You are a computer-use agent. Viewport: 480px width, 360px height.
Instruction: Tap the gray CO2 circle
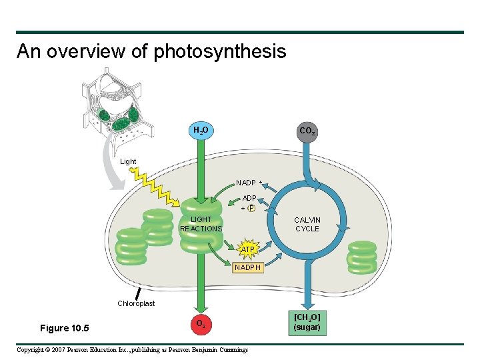point(307,132)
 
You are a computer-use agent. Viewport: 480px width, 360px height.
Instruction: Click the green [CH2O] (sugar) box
point(307,323)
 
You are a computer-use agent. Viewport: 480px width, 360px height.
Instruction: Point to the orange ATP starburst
point(248,249)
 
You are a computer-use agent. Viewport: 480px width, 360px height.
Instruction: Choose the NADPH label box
point(248,267)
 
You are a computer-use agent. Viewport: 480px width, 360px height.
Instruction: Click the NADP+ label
point(249,183)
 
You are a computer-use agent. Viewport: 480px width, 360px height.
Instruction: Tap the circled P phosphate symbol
point(251,208)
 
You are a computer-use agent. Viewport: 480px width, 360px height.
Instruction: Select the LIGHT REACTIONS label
point(201,224)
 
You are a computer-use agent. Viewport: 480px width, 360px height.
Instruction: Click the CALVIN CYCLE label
point(307,224)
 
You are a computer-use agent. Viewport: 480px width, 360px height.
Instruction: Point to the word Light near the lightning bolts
point(128,161)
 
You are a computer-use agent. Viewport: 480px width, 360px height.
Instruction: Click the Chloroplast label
point(136,303)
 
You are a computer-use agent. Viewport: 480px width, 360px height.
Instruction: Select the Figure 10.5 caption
point(65,328)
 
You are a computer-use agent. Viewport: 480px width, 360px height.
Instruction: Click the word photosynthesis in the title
point(220,51)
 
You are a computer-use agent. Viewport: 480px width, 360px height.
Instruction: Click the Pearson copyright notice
point(132,350)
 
